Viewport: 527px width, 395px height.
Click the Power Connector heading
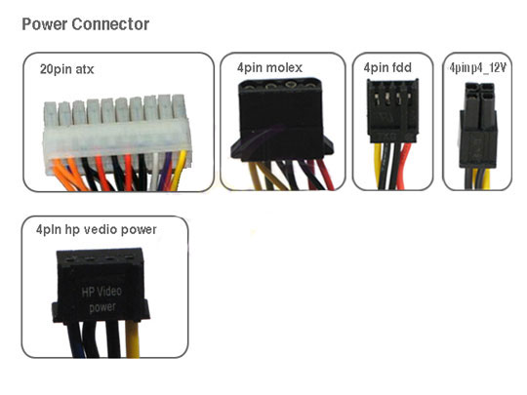(x=85, y=24)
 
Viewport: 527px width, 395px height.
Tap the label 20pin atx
(x=67, y=69)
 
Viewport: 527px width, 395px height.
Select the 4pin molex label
(x=269, y=67)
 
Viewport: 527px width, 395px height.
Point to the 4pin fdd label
(x=387, y=67)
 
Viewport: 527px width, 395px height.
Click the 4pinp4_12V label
(x=478, y=68)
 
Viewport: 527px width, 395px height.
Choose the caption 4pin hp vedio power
(x=96, y=229)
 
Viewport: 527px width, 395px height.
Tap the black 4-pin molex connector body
(x=282, y=118)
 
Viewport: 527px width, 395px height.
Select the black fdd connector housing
(x=392, y=111)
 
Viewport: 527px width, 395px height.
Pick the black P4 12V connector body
(x=478, y=126)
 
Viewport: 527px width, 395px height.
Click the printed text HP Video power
(x=101, y=299)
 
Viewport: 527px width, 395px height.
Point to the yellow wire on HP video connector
(x=133, y=339)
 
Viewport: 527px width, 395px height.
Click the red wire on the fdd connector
(x=405, y=166)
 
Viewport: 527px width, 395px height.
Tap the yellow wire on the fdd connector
(x=378, y=166)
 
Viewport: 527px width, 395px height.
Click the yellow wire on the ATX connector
(x=179, y=170)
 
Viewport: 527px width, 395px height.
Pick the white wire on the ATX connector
(x=154, y=172)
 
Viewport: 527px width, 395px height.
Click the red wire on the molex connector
(x=325, y=175)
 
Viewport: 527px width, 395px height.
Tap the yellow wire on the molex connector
(x=254, y=176)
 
